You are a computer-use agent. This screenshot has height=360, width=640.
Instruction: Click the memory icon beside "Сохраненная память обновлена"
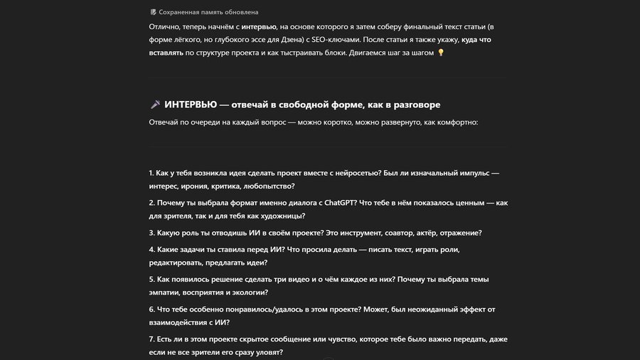pyautogui.click(x=153, y=12)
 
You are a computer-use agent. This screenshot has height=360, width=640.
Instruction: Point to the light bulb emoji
pyautogui.click(x=441, y=53)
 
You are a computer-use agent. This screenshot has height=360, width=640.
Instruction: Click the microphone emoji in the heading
pyautogui.click(x=156, y=105)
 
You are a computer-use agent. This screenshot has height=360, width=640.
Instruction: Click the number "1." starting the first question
pyautogui.click(x=152, y=173)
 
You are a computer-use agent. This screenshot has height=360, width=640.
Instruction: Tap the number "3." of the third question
pyautogui.click(x=152, y=233)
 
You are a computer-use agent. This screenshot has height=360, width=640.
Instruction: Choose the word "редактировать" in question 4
pyautogui.click(x=178, y=263)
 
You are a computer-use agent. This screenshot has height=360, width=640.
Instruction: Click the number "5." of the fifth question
pyautogui.click(x=152, y=280)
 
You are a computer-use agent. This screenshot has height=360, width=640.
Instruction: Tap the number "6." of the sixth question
pyautogui.click(x=152, y=309)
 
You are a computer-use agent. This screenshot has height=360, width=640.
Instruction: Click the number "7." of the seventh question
pyautogui.click(x=152, y=339)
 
